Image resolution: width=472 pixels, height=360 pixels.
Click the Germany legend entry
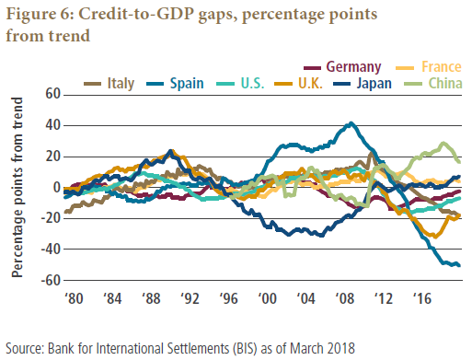342,67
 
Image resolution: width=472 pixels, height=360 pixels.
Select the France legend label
429,67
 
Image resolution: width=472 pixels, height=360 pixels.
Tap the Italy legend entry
109,84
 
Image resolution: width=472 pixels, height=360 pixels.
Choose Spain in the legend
175,84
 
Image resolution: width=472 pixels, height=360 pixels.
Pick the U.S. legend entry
240,84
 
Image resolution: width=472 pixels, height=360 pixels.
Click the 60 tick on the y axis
53,94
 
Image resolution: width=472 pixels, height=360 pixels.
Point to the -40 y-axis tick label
51,249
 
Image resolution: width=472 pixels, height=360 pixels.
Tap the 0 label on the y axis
57,187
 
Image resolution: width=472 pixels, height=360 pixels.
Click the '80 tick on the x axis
74,298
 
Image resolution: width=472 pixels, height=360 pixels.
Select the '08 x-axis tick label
345,298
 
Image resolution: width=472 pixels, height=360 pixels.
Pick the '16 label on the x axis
422,298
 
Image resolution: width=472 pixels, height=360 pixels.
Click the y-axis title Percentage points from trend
17,187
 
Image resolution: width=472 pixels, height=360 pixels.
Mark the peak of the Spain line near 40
351,123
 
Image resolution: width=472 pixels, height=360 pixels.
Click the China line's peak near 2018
443,143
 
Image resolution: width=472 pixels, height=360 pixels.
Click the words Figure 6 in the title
40,15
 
